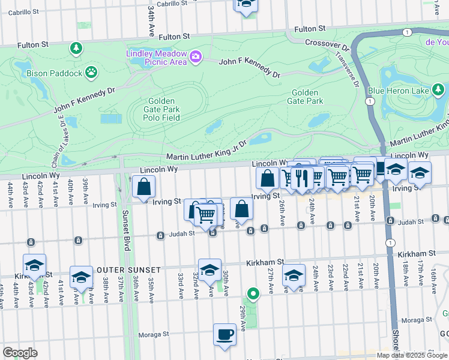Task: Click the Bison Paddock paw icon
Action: coord(91,73)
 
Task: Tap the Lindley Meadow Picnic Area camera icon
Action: coord(195,57)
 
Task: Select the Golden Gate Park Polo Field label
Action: coord(161,109)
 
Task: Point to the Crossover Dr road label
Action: coord(327,44)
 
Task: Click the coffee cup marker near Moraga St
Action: coord(225,334)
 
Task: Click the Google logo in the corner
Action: coord(20,352)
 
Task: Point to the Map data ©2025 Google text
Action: coord(411,355)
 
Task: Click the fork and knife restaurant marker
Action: coord(302,178)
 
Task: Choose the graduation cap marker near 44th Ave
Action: coord(35,265)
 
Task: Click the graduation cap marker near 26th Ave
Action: coord(294,275)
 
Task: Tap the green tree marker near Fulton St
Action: coord(76,48)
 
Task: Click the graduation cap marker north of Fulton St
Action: coord(246,4)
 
